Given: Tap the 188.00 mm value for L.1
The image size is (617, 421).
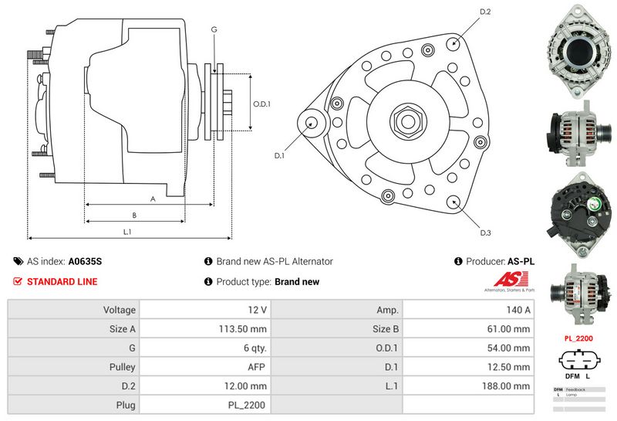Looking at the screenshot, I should [x=508, y=385].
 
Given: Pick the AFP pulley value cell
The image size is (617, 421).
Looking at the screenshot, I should [x=257, y=367].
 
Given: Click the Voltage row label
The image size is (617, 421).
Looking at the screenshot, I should [x=120, y=310].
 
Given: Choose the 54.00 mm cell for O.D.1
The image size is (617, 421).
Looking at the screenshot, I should [x=511, y=348].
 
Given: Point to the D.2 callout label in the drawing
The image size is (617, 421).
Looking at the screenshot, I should [x=485, y=12].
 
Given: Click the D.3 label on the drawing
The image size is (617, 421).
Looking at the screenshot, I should [x=485, y=233].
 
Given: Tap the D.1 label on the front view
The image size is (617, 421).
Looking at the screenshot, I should [x=279, y=156].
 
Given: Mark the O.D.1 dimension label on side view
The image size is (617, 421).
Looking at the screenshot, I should [x=262, y=104].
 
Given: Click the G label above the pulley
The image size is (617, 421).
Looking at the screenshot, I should [x=214, y=29].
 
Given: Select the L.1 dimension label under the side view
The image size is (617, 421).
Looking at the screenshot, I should [x=128, y=232].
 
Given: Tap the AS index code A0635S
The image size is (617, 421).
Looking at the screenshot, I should [x=85, y=261].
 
